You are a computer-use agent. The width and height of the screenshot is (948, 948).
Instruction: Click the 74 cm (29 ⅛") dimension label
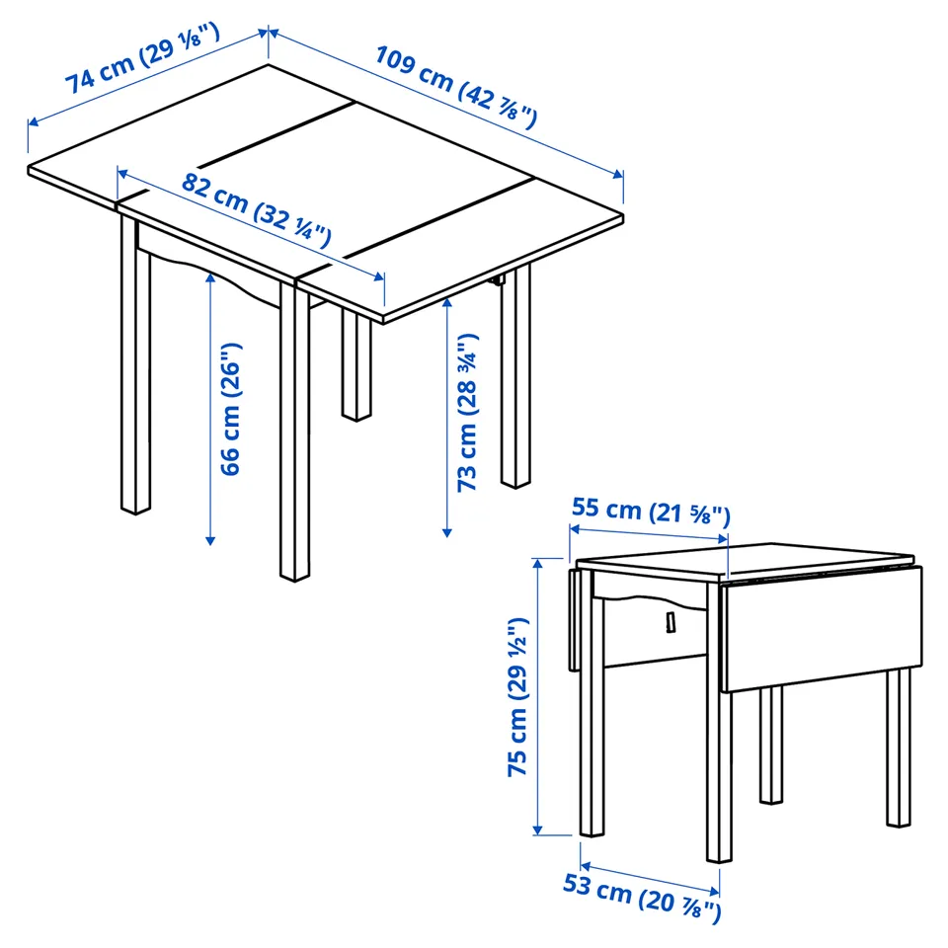pyautogui.click(x=142, y=58)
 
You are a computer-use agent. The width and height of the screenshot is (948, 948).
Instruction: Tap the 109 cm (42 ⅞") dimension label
pyautogui.click(x=456, y=87)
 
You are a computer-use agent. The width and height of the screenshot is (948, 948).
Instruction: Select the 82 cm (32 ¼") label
pyautogui.click(x=257, y=209)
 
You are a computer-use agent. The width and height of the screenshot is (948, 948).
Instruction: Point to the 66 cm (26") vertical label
pyautogui.click(x=230, y=409)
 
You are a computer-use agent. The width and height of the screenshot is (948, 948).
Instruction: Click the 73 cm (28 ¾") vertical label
pyautogui.click(x=467, y=413)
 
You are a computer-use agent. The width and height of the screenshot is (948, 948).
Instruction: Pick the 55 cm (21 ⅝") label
pyautogui.click(x=651, y=512)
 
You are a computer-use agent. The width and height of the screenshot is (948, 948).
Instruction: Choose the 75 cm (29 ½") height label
pyautogui.click(x=518, y=697)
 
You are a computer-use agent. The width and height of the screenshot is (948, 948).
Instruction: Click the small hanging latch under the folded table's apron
pyautogui.click(x=671, y=622)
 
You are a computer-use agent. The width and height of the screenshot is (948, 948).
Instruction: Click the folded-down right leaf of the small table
pyautogui.click(x=822, y=629)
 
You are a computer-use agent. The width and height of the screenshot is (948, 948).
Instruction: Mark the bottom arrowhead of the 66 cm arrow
pyautogui.click(x=210, y=540)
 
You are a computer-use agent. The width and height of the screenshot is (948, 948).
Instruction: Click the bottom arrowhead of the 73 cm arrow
pyautogui.click(x=446, y=532)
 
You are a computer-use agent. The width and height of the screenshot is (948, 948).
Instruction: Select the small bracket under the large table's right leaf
pyautogui.click(x=498, y=279)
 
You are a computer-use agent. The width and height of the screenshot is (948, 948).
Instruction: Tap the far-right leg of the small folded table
pyautogui.click(x=899, y=748)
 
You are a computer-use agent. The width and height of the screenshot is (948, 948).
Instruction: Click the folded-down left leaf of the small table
pyautogui.click(x=575, y=620)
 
